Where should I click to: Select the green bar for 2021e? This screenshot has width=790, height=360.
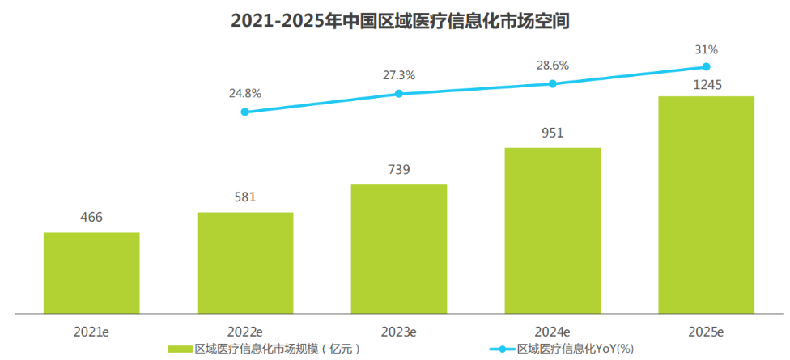(x=91, y=272)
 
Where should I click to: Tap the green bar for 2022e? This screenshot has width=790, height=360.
(x=245, y=262)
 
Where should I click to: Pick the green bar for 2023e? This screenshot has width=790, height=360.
(x=398, y=248)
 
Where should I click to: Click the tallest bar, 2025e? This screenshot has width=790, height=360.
(x=706, y=204)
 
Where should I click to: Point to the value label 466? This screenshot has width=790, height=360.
(x=91, y=218)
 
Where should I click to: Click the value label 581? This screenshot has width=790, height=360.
(x=245, y=197)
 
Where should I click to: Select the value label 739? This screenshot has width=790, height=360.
(x=398, y=170)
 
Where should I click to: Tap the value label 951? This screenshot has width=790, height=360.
(x=553, y=133)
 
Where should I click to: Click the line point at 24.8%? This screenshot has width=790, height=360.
(x=245, y=112)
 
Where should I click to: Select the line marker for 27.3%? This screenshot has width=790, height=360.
(x=398, y=94)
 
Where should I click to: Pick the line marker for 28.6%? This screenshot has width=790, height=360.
(x=553, y=83)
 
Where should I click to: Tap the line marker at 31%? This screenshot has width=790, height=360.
(x=706, y=66)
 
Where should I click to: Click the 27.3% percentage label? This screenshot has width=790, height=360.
(x=398, y=75)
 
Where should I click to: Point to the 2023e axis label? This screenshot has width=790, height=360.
(x=398, y=332)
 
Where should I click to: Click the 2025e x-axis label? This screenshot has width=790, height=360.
(x=706, y=332)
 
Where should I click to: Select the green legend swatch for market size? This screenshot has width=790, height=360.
(x=181, y=349)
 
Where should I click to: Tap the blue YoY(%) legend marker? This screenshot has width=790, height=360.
(x=501, y=349)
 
